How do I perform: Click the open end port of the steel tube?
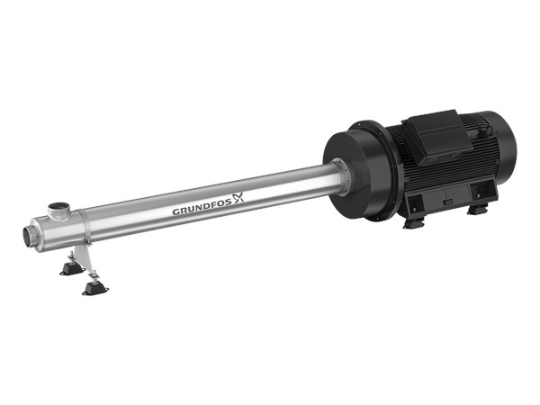click(29, 237)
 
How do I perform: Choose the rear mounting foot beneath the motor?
click(478, 209)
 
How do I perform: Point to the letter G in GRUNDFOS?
click(175, 213)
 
